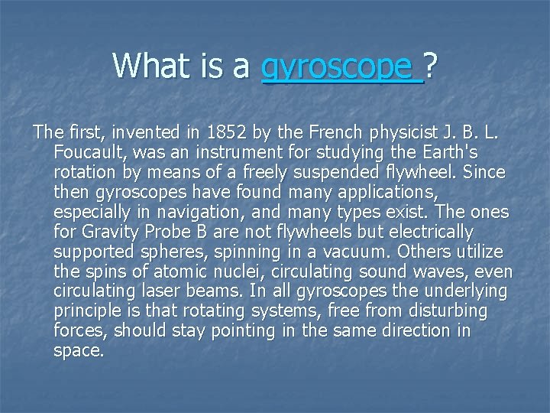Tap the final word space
click(x=78, y=351)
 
